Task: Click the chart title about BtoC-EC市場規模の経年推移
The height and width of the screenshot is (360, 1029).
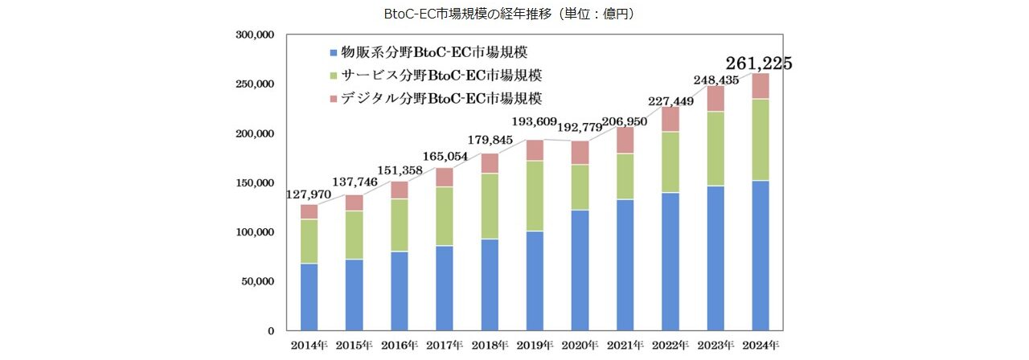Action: point(514,14)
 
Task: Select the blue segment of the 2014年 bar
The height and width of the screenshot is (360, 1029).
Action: point(309,297)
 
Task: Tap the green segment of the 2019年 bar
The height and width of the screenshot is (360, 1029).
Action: point(534,195)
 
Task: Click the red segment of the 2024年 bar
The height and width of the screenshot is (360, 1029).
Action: point(760,86)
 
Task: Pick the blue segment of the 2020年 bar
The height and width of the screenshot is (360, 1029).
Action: point(579,270)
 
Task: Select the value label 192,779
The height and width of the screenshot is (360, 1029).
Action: point(582,126)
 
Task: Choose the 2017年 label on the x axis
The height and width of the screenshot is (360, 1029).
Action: point(444,346)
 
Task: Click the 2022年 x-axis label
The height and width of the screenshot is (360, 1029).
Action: point(669,346)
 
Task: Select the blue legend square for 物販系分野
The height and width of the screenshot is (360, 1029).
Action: point(334,53)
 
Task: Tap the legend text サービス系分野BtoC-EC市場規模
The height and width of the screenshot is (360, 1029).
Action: point(441,76)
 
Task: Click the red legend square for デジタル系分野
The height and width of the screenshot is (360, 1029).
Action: point(334,99)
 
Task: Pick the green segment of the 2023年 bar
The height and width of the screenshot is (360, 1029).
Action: point(715,149)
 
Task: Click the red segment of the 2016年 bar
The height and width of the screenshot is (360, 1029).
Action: point(399,190)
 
